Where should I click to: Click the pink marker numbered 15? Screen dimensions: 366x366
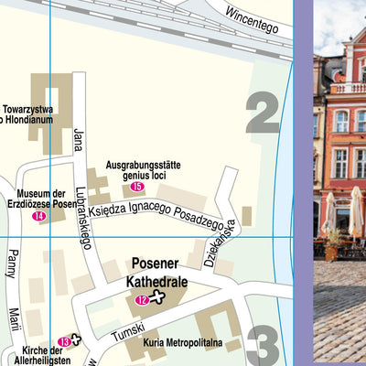click(x=137, y=187)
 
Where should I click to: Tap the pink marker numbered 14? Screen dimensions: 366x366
click(x=38, y=216)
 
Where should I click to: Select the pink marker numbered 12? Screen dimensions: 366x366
click(x=142, y=299)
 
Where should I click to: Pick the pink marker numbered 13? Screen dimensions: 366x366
click(x=63, y=341)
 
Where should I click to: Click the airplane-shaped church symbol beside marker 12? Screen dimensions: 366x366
click(x=159, y=297)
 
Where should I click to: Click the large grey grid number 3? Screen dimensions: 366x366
click(x=264, y=347)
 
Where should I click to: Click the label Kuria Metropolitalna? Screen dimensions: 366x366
click(x=183, y=343)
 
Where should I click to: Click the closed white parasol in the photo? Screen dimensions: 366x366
click(x=356, y=212)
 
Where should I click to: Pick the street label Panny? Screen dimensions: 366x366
click(x=13, y=264)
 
